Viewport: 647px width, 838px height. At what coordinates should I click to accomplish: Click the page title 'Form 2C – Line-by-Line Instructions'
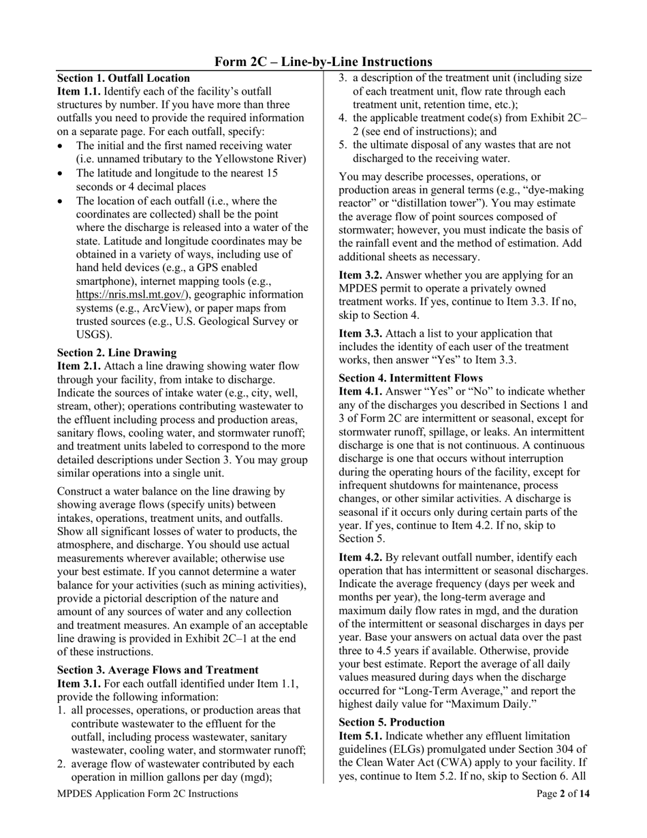tap(323, 62)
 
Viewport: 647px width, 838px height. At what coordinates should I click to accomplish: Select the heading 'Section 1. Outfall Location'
tap(123, 78)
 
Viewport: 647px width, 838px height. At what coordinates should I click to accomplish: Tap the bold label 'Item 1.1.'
tap(79, 91)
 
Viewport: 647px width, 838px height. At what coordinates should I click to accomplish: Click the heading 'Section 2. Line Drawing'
tap(116, 352)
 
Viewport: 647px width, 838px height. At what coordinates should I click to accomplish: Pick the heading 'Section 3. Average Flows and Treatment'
tap(157, 670)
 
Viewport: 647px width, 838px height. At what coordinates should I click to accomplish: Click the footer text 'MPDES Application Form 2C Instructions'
tap(148, 794)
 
